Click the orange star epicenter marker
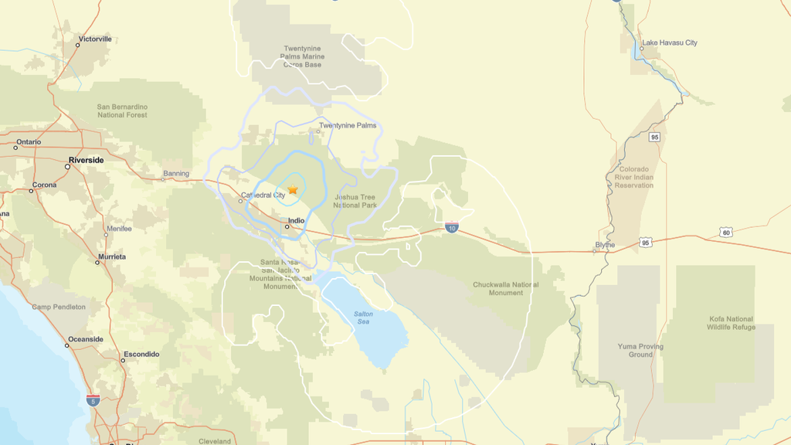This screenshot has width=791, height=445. (293, 189)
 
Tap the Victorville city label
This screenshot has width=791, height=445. (95, 39)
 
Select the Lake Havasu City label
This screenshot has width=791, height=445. (669, 42)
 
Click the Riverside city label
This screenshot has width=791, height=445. (86, 160)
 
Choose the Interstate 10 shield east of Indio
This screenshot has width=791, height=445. (452, 227)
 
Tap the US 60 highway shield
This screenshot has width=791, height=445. (725, 232)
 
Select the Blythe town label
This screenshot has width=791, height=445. (605, 245)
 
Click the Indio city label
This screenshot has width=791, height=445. (296, 221)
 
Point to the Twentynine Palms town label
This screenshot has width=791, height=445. (348, 125)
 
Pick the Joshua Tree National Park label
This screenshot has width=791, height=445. (355, 202)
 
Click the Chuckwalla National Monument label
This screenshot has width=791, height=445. (506, 288)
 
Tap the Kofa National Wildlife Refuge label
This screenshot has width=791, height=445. (730, 323)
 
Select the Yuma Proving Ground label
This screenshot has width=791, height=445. (640, 350)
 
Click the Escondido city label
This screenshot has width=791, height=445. (141, 354)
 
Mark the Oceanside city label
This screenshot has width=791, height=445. (86, 339)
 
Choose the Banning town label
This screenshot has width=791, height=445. (176, 174)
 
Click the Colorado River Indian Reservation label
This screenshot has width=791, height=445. (634, 177)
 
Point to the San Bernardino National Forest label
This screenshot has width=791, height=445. (122, 110)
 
